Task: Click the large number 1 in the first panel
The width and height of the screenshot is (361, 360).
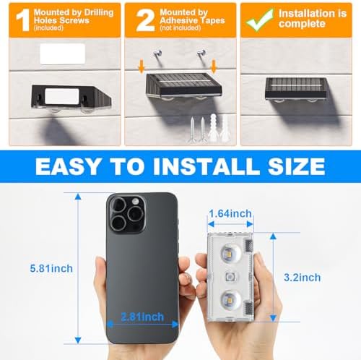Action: [23, 20]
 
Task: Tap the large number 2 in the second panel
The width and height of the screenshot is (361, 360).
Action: [145, 21]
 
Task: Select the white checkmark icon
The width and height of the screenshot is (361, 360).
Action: [260, 20]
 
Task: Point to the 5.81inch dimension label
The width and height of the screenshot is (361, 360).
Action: [51, 268]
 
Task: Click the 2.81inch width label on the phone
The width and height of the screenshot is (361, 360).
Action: [142, 317]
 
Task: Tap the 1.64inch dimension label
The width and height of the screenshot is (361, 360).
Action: [230, 213]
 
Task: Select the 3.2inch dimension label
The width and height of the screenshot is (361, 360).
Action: [303, 278]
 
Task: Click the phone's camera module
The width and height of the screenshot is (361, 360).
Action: [127, 214]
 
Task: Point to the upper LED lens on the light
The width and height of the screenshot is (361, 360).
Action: [230, 254]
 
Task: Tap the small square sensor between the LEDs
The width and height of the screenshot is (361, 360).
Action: [230, 277]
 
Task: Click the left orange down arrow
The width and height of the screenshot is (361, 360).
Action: [142, 67]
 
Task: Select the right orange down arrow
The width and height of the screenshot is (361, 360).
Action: [214, 67]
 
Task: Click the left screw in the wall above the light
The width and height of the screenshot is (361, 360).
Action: [157, 53]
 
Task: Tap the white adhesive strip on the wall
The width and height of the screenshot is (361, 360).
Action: [63, 54]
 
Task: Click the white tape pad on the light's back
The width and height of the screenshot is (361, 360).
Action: [62, 96]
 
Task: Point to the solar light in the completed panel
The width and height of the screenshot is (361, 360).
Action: [296, 89]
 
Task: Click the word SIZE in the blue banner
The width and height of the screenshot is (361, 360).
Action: [296, 166]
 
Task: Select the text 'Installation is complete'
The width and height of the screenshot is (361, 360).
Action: [313, 19]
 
